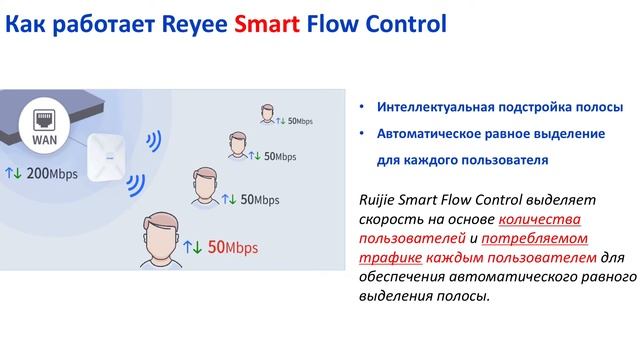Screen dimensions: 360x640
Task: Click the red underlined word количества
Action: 540,218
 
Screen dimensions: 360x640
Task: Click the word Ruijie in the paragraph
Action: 379,199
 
